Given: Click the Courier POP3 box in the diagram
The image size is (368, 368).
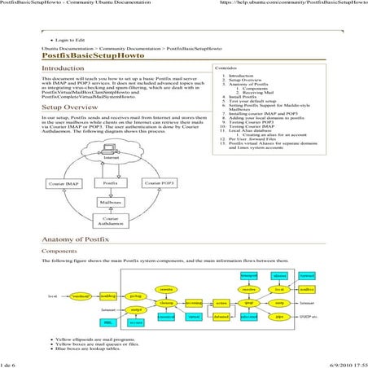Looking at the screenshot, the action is coord(160,184).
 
